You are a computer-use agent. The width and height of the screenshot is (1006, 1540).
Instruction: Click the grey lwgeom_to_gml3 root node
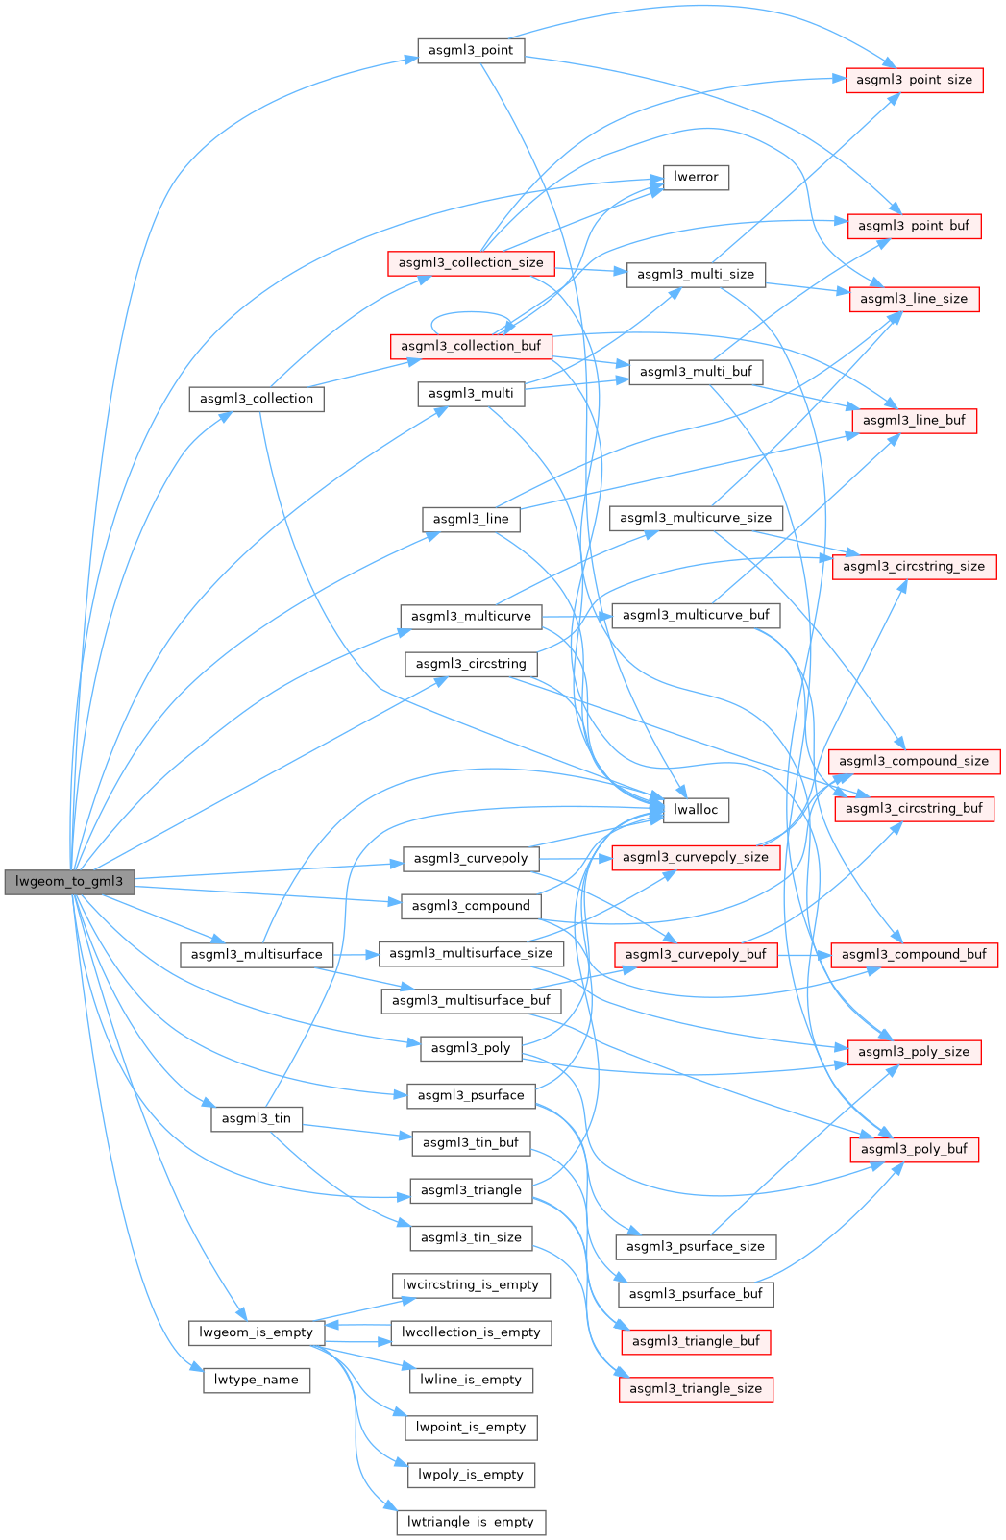click(x=69, y=882)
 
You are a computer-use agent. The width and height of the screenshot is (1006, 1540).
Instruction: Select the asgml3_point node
click(x=471, y=50)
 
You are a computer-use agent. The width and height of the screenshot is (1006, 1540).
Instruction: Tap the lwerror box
click(x=696, y=177)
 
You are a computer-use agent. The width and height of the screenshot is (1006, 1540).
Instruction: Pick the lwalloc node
click(x=696, y=810)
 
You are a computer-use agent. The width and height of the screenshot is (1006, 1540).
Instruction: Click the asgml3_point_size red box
click(x=914, y=80)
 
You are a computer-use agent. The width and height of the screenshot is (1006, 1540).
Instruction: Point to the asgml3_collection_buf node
click(x=471, y=346)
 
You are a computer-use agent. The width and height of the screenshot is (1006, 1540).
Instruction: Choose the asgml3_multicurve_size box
click(x=696, y=518)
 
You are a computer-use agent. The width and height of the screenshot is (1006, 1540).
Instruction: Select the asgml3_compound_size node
click(x=914, y=761)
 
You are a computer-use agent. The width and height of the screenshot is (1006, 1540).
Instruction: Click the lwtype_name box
click(x=257, y=1380)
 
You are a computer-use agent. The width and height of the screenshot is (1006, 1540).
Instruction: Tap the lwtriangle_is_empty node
click(x=471, y=1522)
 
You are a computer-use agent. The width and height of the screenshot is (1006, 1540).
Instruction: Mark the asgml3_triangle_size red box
click(x=696, y=1388)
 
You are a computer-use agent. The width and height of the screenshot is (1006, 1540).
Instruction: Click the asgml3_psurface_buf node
click(x=696, y=1294)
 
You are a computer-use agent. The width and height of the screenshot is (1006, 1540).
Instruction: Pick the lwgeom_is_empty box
click(x=257, y=1332)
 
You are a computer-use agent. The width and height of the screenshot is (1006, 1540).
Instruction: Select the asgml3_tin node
click(x=257, y=1118)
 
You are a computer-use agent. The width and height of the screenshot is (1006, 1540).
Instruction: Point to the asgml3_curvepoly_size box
click(x=696, y=857)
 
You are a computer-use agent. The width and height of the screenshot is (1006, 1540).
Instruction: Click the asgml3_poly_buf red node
click(x=914, y=1149)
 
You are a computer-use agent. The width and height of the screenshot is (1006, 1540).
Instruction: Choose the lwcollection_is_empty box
click(x=471, y=1332)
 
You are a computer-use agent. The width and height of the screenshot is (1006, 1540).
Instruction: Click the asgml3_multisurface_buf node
click(x=471, y=1000)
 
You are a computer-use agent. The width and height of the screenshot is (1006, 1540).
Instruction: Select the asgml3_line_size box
click(x=914, y=299)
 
